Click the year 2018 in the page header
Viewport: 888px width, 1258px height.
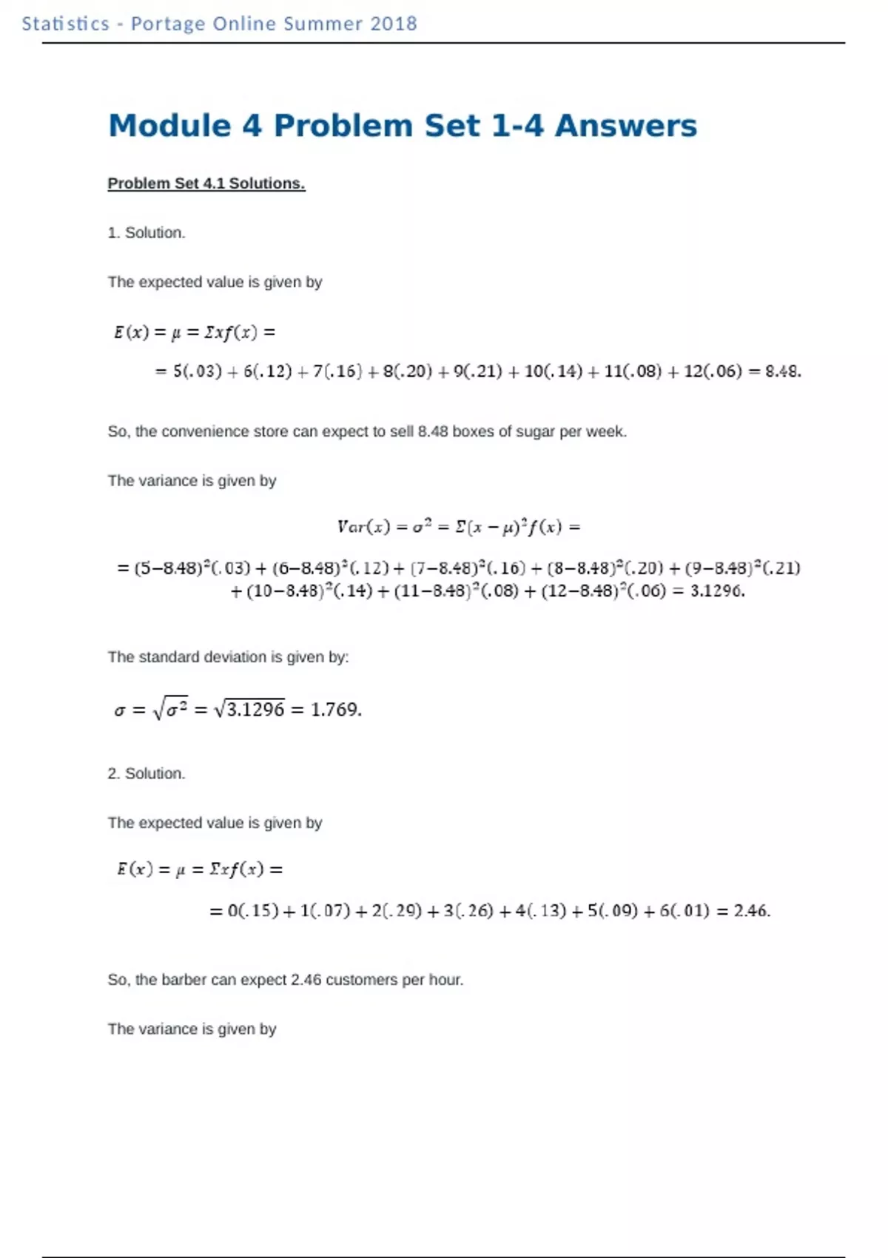click(x=393, y=24)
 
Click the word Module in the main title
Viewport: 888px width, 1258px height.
click(x=169, y=126)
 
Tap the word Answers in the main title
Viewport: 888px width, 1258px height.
click(x=625, y=126)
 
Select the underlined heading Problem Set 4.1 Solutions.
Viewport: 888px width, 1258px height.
click(x=206, y=184)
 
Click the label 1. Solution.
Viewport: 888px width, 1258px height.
click(x=146, y=232)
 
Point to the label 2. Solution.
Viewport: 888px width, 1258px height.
click(x=146, y=773)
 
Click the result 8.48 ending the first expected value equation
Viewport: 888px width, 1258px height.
click(x=782, y=371)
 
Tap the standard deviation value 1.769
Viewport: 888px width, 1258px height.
click(x=335, y=710)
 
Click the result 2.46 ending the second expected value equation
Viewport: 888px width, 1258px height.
click(x=751, y=910)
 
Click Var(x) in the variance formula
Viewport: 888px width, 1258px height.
click(x=363, y=527)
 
